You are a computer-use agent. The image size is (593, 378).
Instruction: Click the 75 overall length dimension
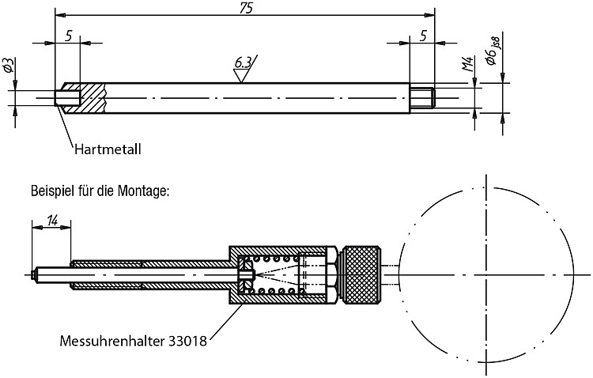246,8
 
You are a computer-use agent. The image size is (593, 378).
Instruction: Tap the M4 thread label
468,65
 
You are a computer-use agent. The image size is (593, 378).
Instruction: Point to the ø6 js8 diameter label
493,51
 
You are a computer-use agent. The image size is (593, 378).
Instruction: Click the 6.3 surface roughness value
243,62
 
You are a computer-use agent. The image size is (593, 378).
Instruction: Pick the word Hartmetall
108,149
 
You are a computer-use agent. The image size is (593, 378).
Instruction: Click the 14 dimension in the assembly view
52,220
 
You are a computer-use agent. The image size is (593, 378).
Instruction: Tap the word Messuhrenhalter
112,342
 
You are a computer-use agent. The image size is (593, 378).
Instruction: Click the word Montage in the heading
142,191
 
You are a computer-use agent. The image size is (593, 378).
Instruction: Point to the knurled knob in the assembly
361,275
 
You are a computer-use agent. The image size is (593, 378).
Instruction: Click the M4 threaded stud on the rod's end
423,98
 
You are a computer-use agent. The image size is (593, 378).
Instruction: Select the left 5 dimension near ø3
69,36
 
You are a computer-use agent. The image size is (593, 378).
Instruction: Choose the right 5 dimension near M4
423,36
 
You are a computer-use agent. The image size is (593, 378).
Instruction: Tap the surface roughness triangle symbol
240,75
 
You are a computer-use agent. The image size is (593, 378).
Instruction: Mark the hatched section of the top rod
85,98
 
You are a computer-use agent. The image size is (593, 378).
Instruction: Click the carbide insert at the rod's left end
68,98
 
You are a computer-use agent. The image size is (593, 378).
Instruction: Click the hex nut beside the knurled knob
332,275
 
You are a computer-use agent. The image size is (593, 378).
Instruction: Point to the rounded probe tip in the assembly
33,274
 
